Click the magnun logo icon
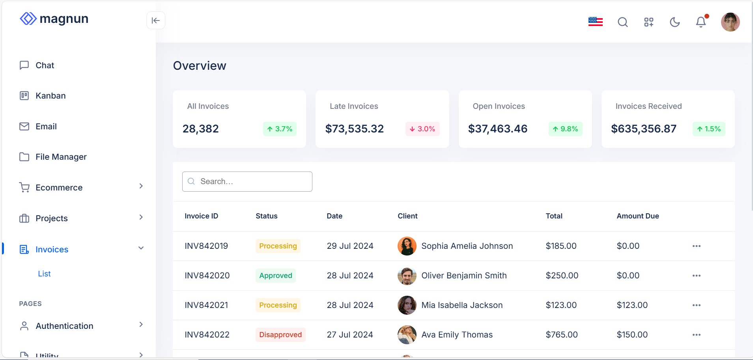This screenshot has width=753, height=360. click(28, 19)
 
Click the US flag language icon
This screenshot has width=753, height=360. click(595, 22)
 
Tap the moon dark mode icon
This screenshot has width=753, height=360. click(675, 22)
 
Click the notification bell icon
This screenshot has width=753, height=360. click(701, 22)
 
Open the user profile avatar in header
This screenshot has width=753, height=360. click(730, 22)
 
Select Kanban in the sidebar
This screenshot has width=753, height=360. click(50, 96)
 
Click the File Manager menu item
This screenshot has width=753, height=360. click(61, 157)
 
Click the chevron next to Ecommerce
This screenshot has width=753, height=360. click(141, 186)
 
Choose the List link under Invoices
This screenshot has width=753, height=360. click(44, 274)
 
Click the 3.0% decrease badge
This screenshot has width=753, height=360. click(422, 129)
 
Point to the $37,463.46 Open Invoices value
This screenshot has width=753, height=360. click(497, 129)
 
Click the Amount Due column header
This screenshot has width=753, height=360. click(637, 216)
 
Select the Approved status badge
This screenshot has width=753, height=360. click(275, 276)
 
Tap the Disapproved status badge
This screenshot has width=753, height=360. click(280, 335)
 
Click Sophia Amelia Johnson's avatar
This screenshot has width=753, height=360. click(407, 246)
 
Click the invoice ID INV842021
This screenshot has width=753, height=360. click(206, 305)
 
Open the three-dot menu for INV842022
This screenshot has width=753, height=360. click(696, 335)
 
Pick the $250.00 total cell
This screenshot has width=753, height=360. click(562, 276)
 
